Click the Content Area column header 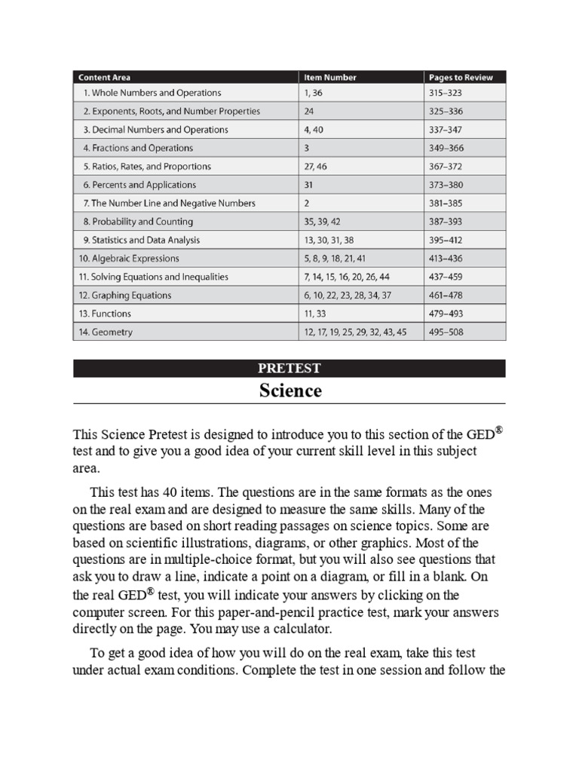(106, 77)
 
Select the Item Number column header (329, 77)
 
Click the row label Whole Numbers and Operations (152, 93)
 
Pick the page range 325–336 (449, 112)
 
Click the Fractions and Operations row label (138, 149)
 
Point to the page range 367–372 (449, 167)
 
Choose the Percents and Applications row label (139, 185)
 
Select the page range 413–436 (449, 259)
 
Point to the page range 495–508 (449, 332)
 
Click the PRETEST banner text (289, 369)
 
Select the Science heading (290, 391)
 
